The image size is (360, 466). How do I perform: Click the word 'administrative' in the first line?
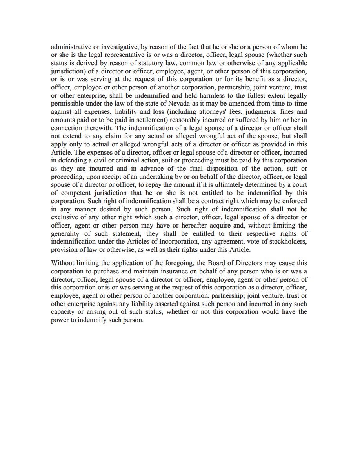click(x=69, y=47)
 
